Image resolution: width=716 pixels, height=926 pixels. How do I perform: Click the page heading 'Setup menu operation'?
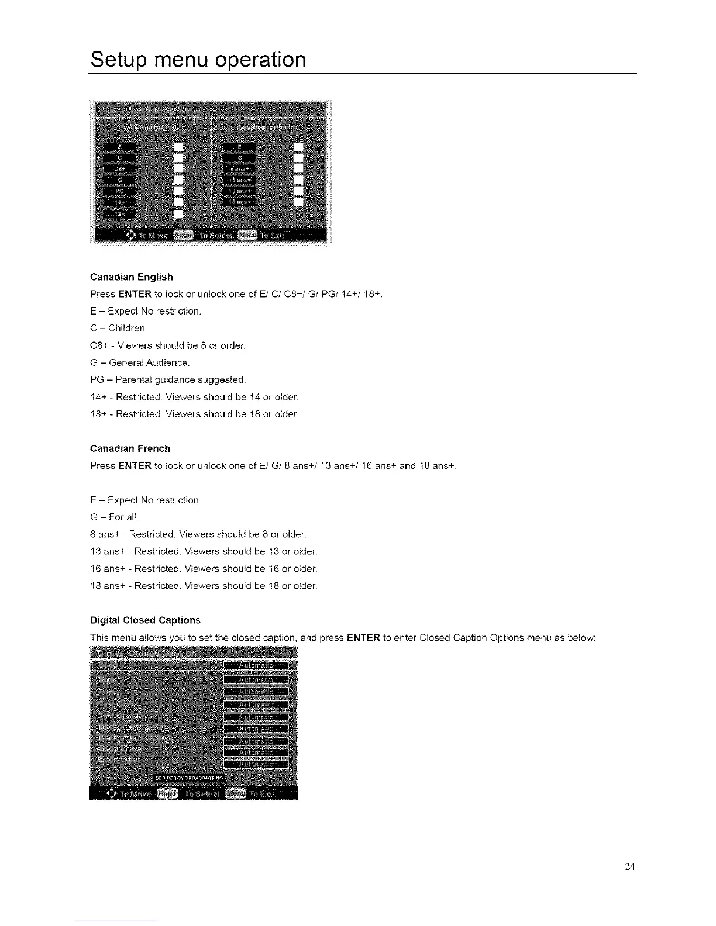click(198, 60)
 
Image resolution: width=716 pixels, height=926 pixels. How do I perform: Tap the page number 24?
click(629, 866)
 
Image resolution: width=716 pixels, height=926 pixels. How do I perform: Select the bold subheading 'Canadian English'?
click(132, 277)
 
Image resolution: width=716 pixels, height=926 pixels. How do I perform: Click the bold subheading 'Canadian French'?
click(130, 448)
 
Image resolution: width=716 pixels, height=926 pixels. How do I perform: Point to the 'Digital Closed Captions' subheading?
click(145, 620)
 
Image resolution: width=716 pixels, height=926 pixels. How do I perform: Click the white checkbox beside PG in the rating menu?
click(178, 191)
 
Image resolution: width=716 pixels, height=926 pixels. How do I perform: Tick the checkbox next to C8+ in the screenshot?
click(178, 168)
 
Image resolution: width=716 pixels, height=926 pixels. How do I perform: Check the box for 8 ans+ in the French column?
click(298, 168)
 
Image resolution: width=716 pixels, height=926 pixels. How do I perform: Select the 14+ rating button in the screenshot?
click(119, 202)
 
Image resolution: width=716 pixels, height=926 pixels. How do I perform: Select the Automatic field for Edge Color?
click(256, 763)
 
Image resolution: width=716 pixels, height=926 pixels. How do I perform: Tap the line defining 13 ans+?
click(204, 551)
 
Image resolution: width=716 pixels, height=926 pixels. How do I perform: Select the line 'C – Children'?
click(118, 328)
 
